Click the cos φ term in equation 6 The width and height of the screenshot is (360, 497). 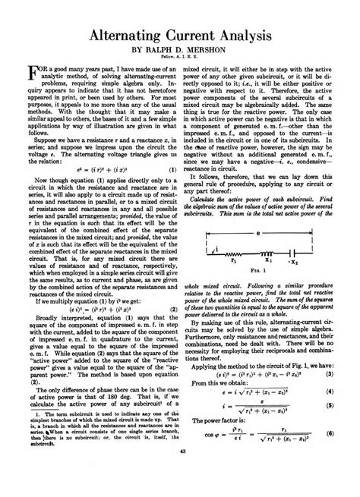[207, 455]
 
